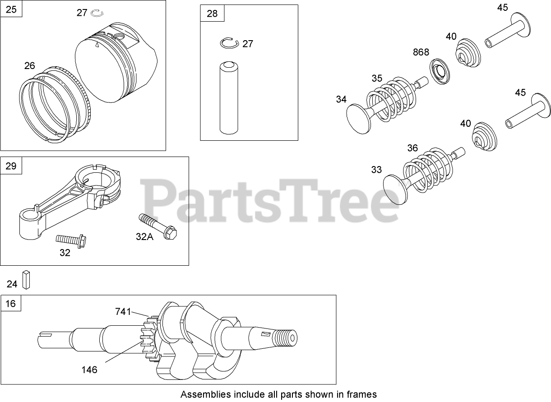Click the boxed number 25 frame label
11,9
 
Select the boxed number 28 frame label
212,14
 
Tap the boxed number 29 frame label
11,166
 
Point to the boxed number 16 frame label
11,304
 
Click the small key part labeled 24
28,280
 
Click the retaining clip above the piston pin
229,43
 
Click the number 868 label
421,52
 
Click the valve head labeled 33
394,189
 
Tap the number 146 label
89,370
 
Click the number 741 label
123,311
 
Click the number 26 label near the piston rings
30,66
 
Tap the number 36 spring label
412,148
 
